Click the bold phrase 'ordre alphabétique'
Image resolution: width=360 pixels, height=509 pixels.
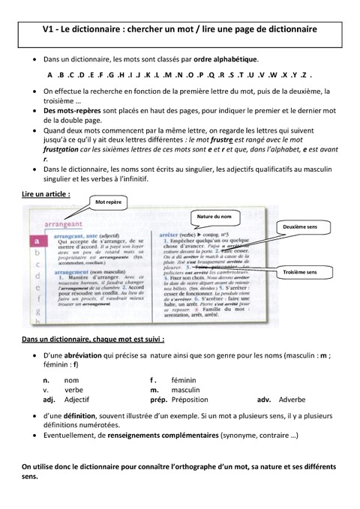[x=226, y=59]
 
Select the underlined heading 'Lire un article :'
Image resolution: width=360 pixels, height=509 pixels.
[x=46, y=193]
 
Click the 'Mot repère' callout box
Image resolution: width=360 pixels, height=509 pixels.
[x=109, y=202]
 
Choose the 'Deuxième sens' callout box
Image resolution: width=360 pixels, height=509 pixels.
[x=299, y=225]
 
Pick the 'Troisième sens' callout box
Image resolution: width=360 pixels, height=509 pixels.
[x=300, y=272]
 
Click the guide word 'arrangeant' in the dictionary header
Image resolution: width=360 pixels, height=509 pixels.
[x=64, y=224]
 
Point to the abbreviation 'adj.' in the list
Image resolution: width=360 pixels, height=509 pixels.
[x=49, y=400]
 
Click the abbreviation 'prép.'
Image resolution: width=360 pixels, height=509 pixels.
[x=158, y=400]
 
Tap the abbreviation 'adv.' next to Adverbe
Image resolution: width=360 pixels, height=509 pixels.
[x=265, y=400]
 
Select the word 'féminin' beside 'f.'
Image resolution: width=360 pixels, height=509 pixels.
[x=184, y=380]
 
